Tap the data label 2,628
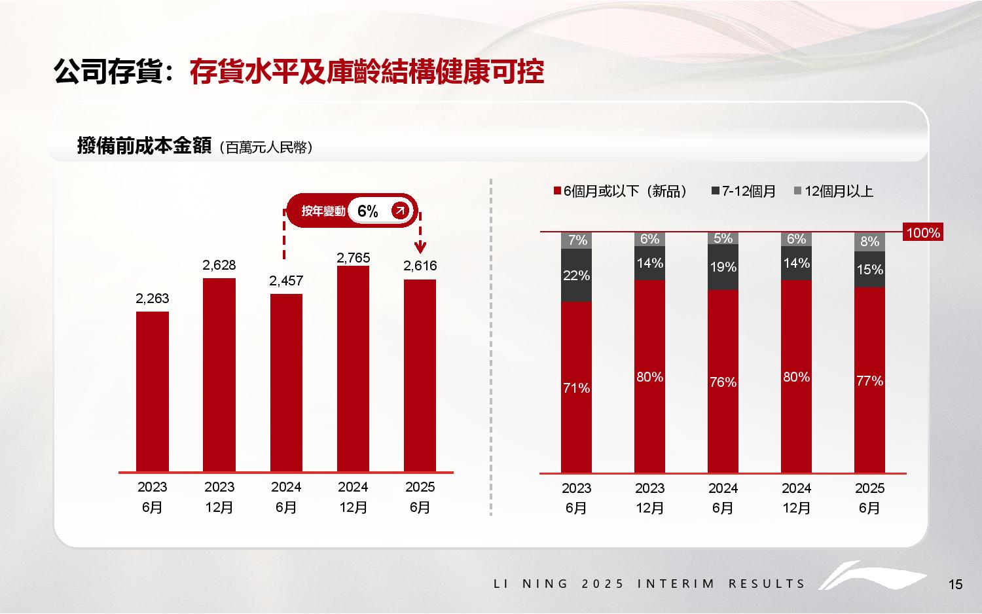pyautogui.click(x=219, y=265)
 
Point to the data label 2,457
pyautogui.click(x=286, y=281)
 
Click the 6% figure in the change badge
pyautogui.click(x=368, y=211)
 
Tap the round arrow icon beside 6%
pyautogui.click(x=400, y=210)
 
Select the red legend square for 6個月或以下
pyautogui.click(x=558, y=191)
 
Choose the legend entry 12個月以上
pyautogui.click(x=839, y=191)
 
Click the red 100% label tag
pyautogui.click(x=922, y=232)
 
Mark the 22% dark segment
pyautogui.click(x=576, y=276)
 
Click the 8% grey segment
pyautogui.click(x=869, y=242)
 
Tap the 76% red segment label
pyautogui.click(x=723, y=382)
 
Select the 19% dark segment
pyautogui.click(x=723, y=267)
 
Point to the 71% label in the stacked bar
pyautogui.click(x=576, y=388)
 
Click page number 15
pyautogui.click(x=956, y=585)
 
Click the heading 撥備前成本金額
pyautogui.click(x=143, y=146)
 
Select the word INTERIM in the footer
pyautogui.click(x=676, y=584)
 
